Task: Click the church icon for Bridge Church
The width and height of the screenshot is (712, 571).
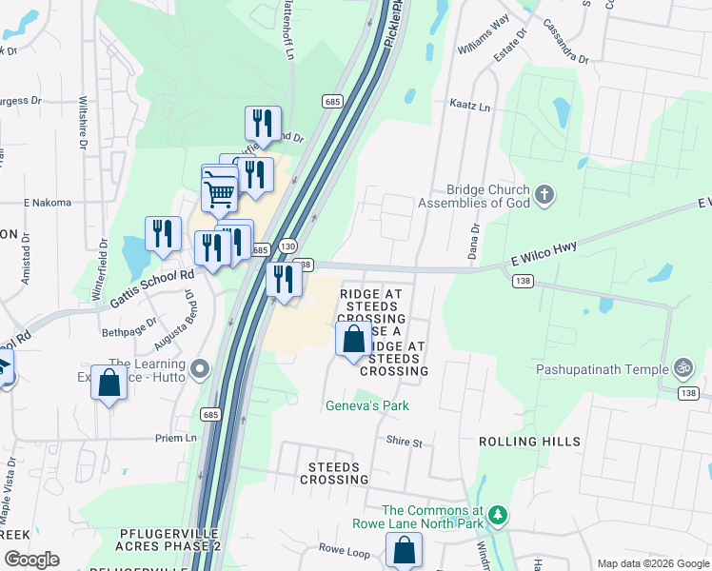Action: pyautogui.click(x=544, y=197)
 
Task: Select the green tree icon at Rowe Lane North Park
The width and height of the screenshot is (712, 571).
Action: pyautogui.click(x=496, y=515)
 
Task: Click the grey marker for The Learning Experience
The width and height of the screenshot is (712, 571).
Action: pyautogui.click(x=199, y=368)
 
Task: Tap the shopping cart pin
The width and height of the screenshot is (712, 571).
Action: pyautogui.click(x=220, y=193)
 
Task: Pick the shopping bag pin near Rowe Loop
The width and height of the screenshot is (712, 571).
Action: pyautogui.click(x=404, y=550)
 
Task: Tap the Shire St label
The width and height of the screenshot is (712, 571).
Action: pyautogui.click(x=403, y=443)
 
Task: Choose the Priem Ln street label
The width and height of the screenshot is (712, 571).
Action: pyautogui.click(x=176, y=439)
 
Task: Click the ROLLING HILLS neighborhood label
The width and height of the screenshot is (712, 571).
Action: pyautogui.click(x=529, y=443)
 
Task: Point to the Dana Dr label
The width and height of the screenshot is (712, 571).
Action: pyautogui.click(x=473, y=242)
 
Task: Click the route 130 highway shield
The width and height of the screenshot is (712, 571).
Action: pyautogui.click(x=288, y=245)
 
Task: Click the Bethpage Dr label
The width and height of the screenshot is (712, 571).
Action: pyautogui.click(x=129, y=332)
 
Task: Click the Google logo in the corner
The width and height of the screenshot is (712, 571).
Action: pyautogui.click(x=31, y=559)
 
